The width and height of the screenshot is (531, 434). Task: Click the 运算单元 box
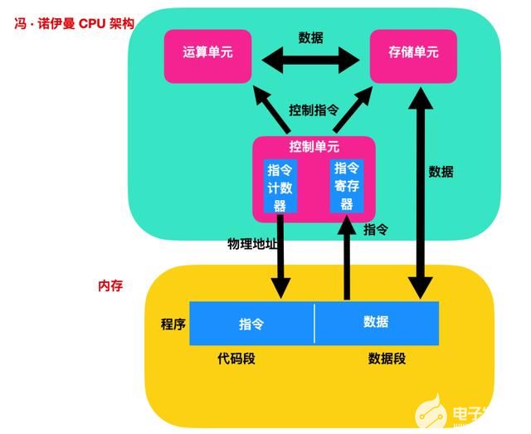pyautogui.click(x=207, y=55)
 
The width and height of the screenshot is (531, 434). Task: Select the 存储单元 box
pyautogui.click(x=413, y=55)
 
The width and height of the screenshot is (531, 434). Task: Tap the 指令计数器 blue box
pyautogui.click(x=280, y=186)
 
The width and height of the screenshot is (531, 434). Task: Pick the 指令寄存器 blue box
pyautogui.click(x=347, y=185)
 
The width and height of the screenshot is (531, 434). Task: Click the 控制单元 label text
pyautogui.click(x=314, y=147)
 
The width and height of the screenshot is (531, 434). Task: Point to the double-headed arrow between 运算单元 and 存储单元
pyautogui.click(x=310, y=58)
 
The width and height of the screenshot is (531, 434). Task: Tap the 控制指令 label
pyautogui.click(x=314, y=110)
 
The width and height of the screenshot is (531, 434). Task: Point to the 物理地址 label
pyautogui.click(x=252, y=244)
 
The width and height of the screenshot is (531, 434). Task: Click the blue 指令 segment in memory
pyautogui.click(x=251, y=323)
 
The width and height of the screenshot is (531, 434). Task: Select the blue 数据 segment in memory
pyautogui.click(x=376, y=322)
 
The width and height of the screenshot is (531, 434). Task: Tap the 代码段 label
pyautogui.click(x=236, y=358)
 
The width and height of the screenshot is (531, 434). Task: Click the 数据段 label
pyautogui.click(x=387, y=358)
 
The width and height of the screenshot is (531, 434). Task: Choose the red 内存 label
pyautogui.click(x=110, y=285)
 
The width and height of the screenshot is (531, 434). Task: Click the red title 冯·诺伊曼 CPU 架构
pyautogui.click(x=73, y=23)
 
